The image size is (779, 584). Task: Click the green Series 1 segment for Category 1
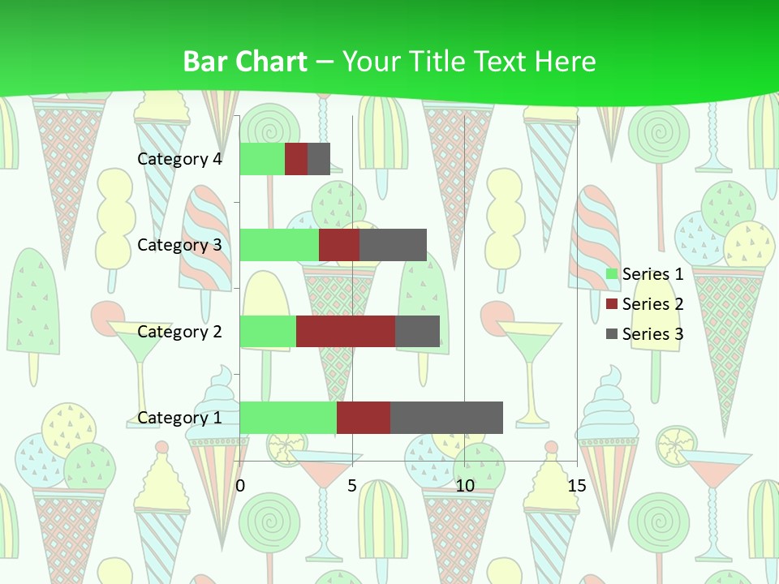click(288, 417)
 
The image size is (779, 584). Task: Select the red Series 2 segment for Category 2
click(346, 331)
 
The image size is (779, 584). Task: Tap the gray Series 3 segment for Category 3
click(393, 245)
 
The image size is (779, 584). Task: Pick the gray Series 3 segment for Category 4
click(319, 159)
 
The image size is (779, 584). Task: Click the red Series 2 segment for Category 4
click(296, 159)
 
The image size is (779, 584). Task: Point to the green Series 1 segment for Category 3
click(279, 245)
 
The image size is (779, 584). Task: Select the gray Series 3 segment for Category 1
click(446, 417)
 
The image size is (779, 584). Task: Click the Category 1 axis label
click(179, 418)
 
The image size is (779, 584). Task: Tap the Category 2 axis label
click(179, 332)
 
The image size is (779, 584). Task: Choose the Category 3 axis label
click(179, 245)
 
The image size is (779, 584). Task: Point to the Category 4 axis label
click(179, 159)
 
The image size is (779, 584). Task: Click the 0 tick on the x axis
click(240, 486)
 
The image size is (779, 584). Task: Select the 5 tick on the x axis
click(352, 486)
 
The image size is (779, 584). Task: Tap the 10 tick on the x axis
click(464, 486)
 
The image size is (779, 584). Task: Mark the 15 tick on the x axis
click(577, 486)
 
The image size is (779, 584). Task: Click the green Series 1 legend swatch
click(612, 274)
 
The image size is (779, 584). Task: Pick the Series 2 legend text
click(652, 304)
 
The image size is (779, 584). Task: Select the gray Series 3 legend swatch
click(612, 334)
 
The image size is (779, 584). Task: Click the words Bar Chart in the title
click(244, 62)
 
